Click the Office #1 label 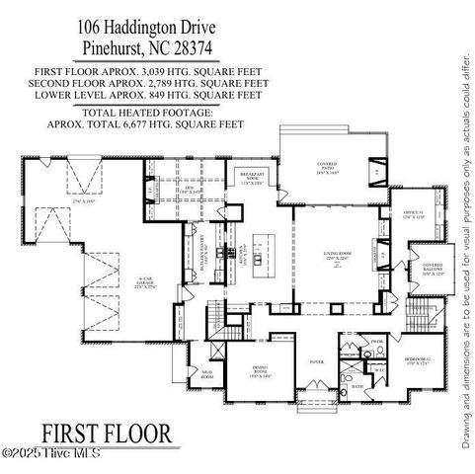click(413, 214)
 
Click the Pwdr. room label click(376, 341)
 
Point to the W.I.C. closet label click(379, 368)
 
